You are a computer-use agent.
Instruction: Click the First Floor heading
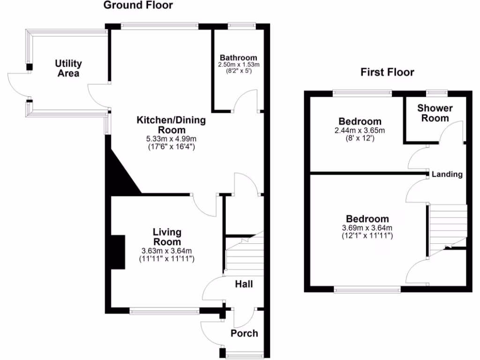[x=387, y=72]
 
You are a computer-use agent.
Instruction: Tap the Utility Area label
[x=68, y=68]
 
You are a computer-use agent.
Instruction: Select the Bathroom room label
[x=239, y=58]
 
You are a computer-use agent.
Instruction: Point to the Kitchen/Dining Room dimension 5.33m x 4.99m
[x=171, y=139]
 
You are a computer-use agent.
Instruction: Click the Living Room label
[x=167, y=237]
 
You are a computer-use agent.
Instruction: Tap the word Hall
[x=244, y=284]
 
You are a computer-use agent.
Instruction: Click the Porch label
[x=244, y=333]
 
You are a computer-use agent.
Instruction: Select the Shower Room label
[x=435, y=113]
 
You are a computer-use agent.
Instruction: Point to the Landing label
[x=447, y=174]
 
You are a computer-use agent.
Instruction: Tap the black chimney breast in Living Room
[x=118, y=252]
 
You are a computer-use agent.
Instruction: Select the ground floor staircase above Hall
[x=244, y=255]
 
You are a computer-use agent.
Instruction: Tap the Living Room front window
[x=165, y=310]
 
